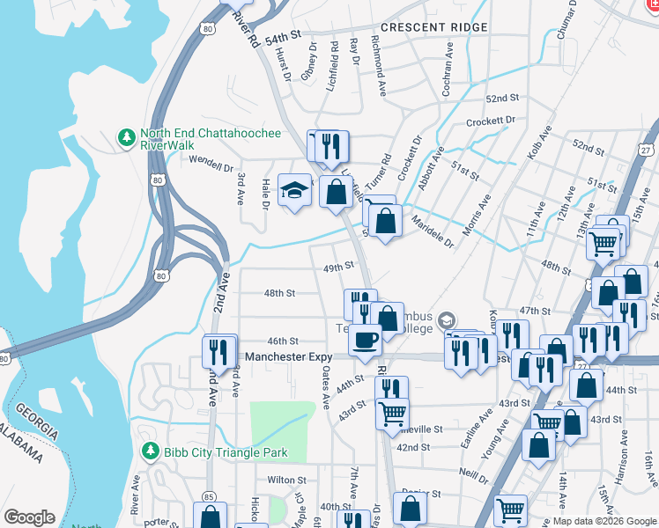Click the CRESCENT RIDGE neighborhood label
click(433, 28)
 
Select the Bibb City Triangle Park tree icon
click(151, 452)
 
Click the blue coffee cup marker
click(365, 339)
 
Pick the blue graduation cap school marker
click(294, 189)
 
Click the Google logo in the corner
click(30, 517)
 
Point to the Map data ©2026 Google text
click(604, 521)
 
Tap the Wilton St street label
click(286, 480)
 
